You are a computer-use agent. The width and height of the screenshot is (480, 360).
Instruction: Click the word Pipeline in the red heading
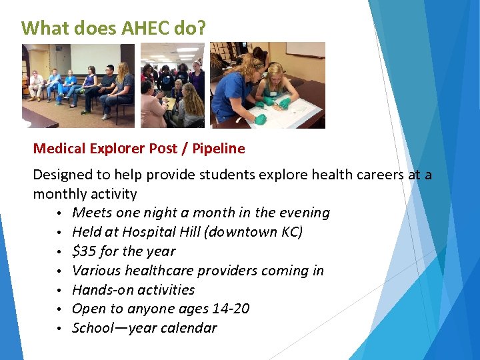click(x=219, y=149)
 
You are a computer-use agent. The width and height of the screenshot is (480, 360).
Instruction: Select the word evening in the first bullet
click(x=304, y=213)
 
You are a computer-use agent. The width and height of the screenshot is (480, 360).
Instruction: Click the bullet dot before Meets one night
click(x=59, y=213)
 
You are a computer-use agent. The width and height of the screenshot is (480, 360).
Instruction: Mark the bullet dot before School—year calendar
click(x=59, y=329)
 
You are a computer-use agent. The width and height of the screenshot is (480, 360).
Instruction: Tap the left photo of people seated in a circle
click(x=78, y=85)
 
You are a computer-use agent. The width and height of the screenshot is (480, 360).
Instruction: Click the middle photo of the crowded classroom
click(x=172, y=85)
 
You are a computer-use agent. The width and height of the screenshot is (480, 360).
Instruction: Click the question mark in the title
click(x=202, y=28)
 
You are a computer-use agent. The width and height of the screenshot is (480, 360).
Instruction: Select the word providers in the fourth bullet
click(x=242, y=271)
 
